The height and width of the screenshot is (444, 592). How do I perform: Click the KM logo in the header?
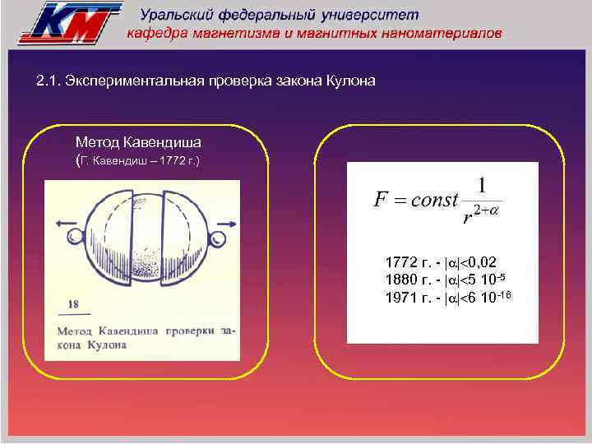point(69,22)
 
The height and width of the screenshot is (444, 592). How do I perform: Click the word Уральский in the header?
point(176,16)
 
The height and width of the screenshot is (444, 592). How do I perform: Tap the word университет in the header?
point(375,16)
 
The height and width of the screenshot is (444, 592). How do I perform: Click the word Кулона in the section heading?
point(351,81)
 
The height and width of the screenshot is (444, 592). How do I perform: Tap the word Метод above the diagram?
point(95,142)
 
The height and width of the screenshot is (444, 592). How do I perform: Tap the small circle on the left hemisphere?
point(76,238)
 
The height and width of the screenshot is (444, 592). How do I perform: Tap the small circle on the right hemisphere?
point(217,239)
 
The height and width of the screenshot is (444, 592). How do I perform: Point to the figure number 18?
point(73,304)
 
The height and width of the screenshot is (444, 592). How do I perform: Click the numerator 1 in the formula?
point(481,184)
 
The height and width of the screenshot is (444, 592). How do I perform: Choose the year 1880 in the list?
point(400,280)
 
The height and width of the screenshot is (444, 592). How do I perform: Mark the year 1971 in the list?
point(400,297)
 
